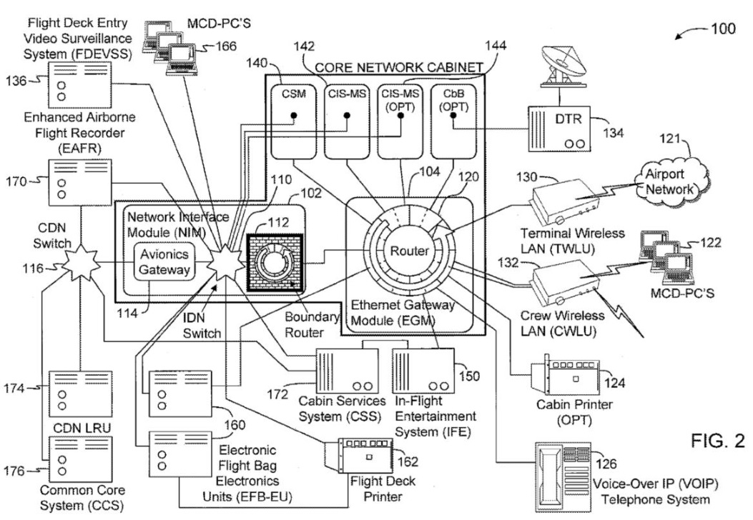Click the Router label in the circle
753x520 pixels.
click(410, 251)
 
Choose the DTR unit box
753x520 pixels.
click(562, 129)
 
